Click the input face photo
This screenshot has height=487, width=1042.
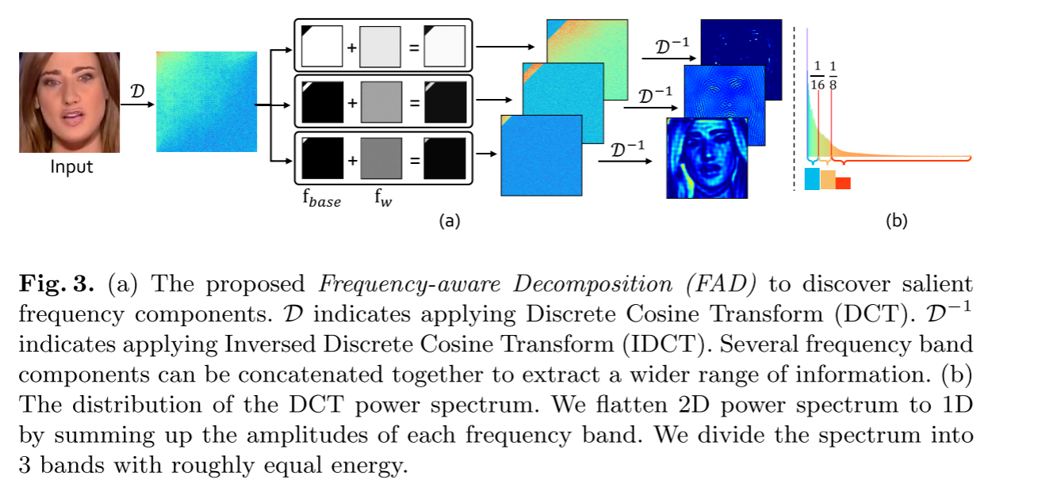tap(69, 102)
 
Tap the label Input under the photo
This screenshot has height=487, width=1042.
tap(71, 167)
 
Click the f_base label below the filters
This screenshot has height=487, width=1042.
tap(320, 200)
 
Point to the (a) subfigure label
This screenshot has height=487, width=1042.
tap(449, 222)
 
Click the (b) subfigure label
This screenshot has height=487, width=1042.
tap(896, 222)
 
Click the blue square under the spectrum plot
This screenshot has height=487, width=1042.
tap(811, 179)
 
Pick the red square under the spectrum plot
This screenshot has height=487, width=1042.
tap(842, 183)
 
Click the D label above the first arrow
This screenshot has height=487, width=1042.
tap(136, 91)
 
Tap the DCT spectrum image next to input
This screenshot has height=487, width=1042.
tap(206, 101)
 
